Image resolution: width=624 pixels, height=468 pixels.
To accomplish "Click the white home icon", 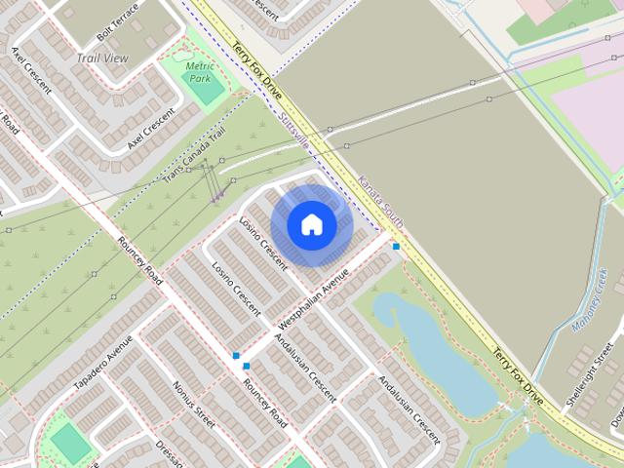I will pyautogui.click(x=311, y=224).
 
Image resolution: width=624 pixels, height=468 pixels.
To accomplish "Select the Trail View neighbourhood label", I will pyautogui.click(x=102, y=58).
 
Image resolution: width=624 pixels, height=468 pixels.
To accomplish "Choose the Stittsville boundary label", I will pyautogui.click(x=292, y=130).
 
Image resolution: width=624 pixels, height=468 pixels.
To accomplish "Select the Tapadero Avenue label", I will pyautogui.click(x=102, y=363).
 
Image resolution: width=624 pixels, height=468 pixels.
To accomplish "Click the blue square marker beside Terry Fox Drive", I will pyautogui.click(x=396, y=247).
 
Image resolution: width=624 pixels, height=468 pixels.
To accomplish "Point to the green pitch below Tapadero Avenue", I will pyautogui.click(x=69, y=443).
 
